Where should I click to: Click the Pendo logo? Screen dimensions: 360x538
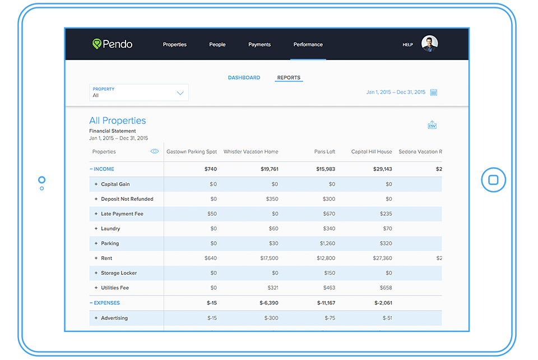click(x=113, y=44)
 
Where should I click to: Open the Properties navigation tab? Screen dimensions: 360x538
click(x=175, y=44)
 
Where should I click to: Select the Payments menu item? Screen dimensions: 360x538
click(x=259, y=44)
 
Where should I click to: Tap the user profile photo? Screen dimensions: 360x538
click(x=429, y=44)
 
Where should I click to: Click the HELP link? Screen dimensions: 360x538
click(x=407, y=45)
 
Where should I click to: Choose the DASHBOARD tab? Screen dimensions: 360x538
click(x=244, y=77)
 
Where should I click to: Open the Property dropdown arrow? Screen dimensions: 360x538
click(x=180, y=93)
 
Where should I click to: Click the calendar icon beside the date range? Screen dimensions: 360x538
click(x=434, y=93)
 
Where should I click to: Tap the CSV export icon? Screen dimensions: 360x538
click(x=432, y=125)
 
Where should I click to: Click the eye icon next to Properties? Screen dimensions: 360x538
click(x=155, y=151)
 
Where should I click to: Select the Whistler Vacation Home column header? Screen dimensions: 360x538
click(x=251, y=151)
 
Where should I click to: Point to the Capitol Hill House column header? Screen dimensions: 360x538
click(x=372, y=151)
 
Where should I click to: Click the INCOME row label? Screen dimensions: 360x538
click(x=104, y=169)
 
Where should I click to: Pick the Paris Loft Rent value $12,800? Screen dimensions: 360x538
click(x=326, y=259)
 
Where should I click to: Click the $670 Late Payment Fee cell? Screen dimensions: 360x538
click(x=329, y=214)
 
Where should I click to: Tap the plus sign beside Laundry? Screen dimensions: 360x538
click(x=96, y=229)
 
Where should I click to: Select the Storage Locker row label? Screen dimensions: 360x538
click(x=118, y=273)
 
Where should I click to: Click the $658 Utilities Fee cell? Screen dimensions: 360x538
click(x=386, y=288)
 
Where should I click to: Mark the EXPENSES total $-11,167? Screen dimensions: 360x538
click(x=324, y=303)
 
